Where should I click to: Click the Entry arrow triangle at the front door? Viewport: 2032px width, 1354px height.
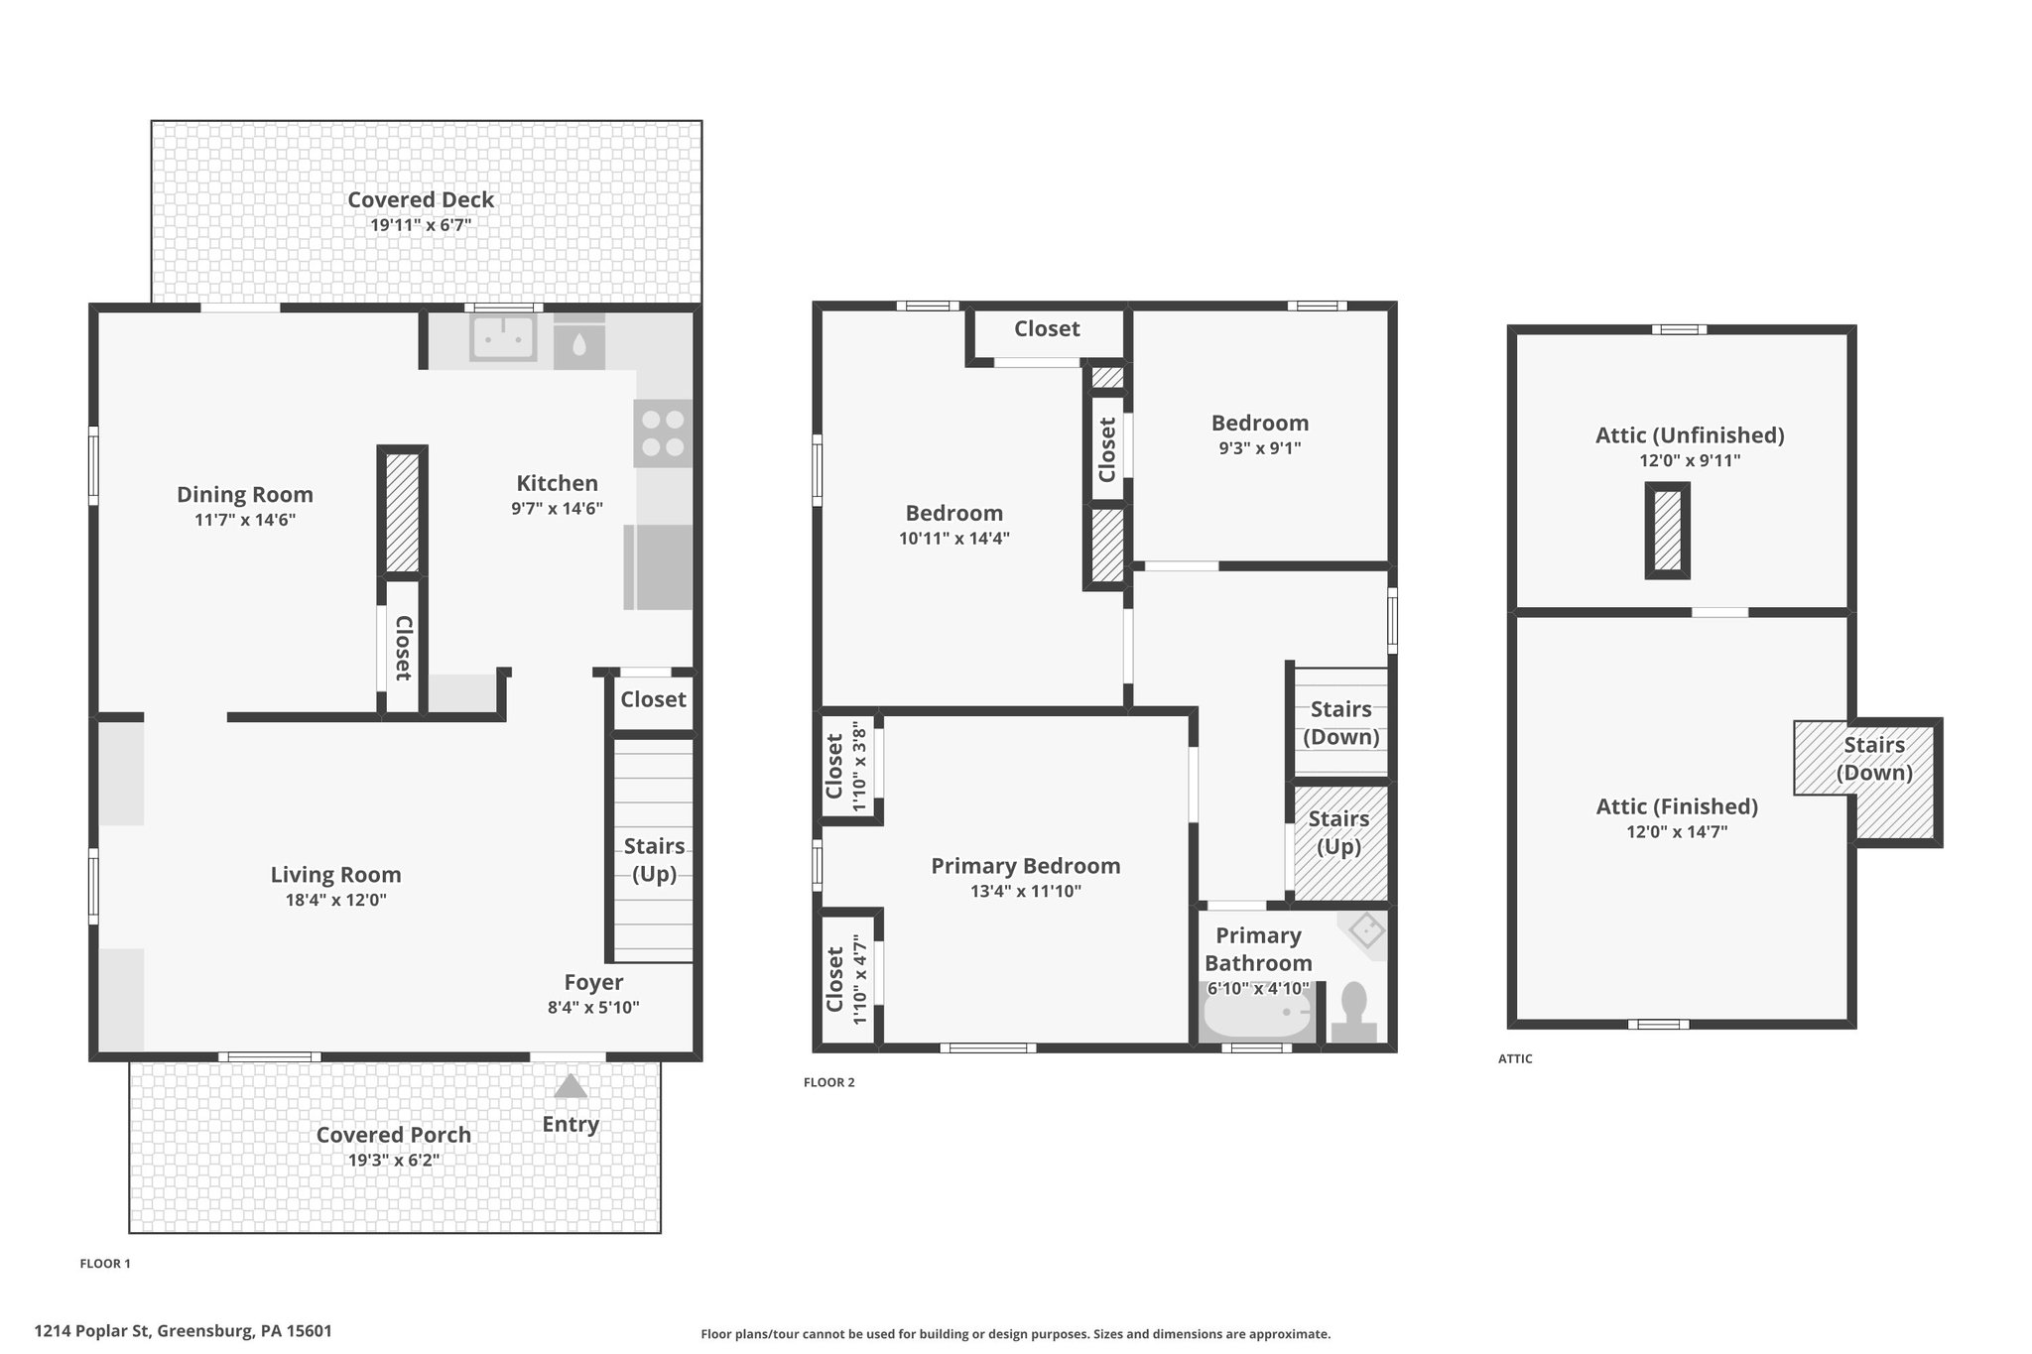point(571,1086)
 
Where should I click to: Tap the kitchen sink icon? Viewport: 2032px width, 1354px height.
point(503,337)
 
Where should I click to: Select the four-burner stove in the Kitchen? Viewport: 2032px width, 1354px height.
point(663,433)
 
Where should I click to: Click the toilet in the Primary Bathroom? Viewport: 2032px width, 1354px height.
point(1353,1012)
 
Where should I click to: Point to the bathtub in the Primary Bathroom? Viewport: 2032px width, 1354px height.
point(1258,1013)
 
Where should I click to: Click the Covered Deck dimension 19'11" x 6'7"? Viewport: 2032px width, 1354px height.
point(421,225)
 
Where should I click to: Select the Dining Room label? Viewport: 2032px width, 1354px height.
point(245,494)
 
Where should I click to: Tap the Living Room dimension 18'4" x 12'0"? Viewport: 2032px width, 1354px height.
point(335,901)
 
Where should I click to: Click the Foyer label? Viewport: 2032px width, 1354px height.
point(593,982)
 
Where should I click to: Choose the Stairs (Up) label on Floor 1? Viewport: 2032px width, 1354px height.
point(654,860)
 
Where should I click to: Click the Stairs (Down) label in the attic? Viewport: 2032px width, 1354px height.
point(1874,759)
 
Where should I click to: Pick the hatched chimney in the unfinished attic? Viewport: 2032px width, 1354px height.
point(1668,531)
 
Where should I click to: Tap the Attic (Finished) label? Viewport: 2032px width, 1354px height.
point(1677,806)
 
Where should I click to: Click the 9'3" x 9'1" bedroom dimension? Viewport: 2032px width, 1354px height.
point(1260,448)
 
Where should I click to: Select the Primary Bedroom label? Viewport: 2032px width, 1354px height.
point(1026,866)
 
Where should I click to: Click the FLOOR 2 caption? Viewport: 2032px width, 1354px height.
point(828,1082)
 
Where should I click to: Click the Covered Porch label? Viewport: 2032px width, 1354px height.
point(394,1135)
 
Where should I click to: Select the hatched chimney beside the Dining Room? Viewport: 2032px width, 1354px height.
point(403,511)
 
